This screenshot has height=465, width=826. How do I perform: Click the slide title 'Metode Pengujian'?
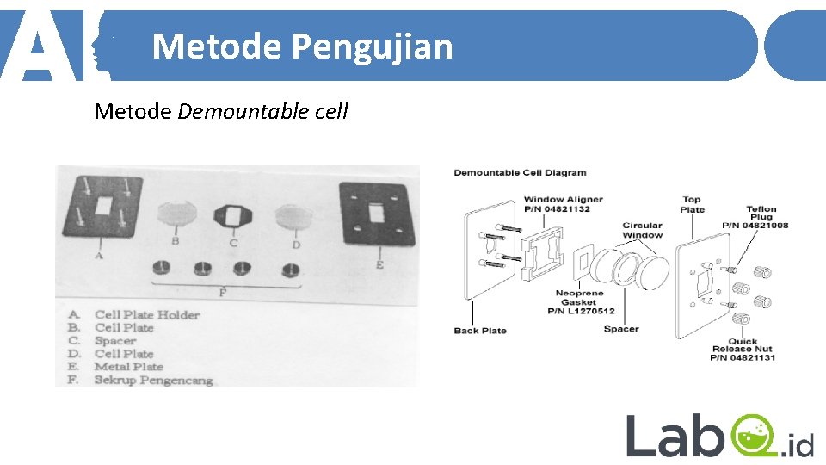302,46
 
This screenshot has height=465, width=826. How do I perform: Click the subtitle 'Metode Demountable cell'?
221,111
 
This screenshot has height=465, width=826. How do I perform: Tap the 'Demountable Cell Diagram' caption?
520,173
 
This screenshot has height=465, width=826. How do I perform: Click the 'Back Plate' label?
480,331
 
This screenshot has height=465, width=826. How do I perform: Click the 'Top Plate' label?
693,204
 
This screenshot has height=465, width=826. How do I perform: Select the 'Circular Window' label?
643,230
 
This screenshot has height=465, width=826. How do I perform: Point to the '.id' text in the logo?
798,445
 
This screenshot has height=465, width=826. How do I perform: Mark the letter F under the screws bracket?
222,293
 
